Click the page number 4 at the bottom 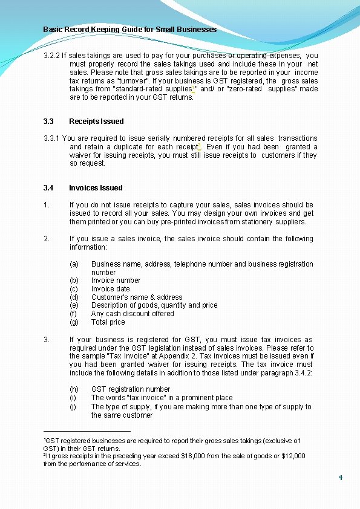(341, 478)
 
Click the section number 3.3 (48, 121)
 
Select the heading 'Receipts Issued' (96, 121)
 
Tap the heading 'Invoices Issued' (96, 187)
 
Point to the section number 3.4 (48, 187)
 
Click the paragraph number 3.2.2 (51, 56)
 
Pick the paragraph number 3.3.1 (51, 138)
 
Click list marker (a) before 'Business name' (74, 264)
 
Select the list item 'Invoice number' (116, 280)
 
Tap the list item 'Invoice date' (111, 289)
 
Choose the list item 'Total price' (108, 322)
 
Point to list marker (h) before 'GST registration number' (74, 389)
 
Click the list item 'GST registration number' (131, 389)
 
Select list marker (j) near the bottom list (73, 407)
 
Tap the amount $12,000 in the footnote (292, 456)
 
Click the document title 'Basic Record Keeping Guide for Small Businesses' (129, 29)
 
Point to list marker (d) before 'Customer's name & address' (74, 297)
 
